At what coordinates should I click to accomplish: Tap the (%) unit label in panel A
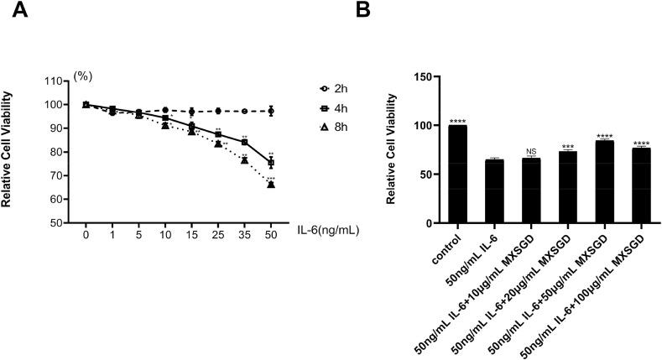pos(83,76)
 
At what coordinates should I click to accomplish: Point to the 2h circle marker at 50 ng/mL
pos(271,111)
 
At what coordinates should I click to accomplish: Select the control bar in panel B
pos(458,175)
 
